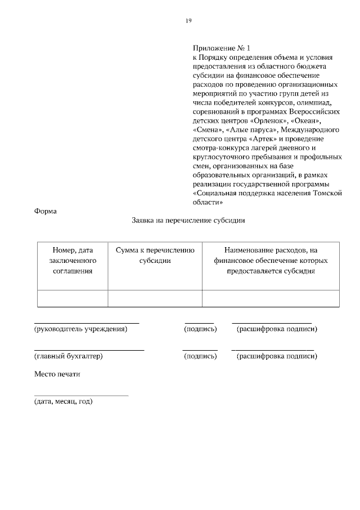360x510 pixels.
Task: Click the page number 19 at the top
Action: tap(188, 21)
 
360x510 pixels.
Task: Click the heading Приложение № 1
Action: tap(220, 49)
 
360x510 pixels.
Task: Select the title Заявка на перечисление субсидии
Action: tap(188, 221)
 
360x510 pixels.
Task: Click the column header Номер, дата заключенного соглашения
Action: tap(72, 260)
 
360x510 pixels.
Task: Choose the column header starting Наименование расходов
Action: tap(271, 260)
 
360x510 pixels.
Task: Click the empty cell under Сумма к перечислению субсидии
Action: tap(155, 298)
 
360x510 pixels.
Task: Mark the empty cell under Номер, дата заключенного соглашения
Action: tap(72, 298)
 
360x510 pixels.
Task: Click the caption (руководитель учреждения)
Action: tap(80, 329)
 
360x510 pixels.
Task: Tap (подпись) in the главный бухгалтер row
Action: tap(200, 356)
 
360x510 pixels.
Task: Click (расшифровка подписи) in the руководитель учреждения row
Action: tap(277, 329)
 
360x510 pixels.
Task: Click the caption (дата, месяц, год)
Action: tap(63, 401)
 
